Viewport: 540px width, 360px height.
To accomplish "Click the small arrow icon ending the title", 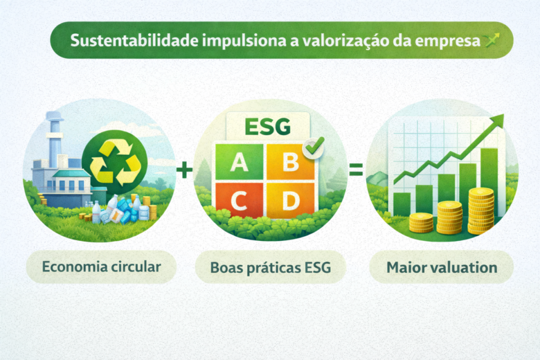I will tap(493, 39).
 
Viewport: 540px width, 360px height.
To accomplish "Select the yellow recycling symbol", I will tap(115, 164).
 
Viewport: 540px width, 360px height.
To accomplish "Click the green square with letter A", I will tap(240, 163).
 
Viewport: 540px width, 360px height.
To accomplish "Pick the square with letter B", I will tap(290, 163).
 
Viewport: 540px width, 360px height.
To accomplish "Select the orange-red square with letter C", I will tap(240, 201).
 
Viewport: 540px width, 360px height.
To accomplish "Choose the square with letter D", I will tap(290, 201).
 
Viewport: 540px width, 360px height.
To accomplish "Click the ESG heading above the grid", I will tap(268, 127).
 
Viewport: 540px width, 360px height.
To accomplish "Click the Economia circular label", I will tap(101, 266).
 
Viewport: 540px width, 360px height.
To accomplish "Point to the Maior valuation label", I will tap(442, 267).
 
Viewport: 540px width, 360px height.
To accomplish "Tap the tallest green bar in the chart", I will tap(489, 169).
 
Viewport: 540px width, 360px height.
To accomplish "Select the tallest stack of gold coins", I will tap(480, 211).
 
